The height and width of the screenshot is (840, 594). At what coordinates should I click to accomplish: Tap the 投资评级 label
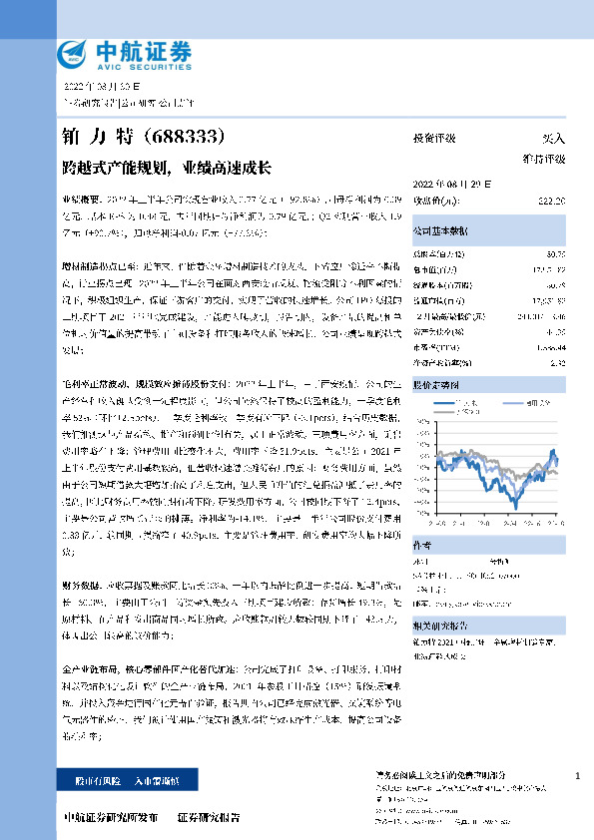coord(434,139)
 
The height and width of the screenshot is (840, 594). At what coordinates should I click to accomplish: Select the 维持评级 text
coord(544,158)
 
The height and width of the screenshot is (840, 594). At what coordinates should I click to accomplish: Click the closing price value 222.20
coord(551,202)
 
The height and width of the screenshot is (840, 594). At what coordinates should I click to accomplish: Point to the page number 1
coord(578,775)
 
